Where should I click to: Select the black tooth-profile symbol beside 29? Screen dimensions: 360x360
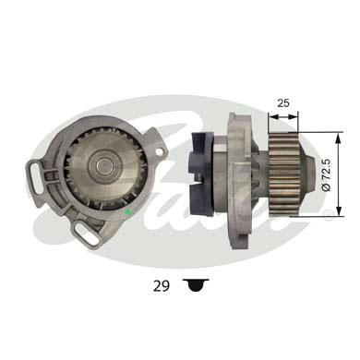click(193, 287)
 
